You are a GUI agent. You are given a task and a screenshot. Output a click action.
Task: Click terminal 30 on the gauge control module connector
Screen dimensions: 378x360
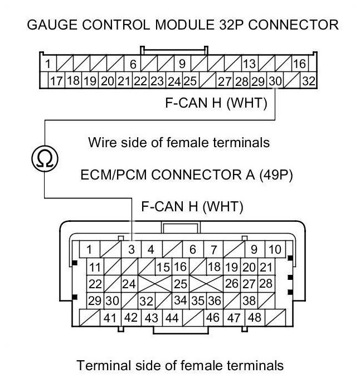tap(275, 81)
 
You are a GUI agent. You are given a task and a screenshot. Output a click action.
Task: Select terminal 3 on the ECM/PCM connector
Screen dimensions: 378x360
tap(132, 249)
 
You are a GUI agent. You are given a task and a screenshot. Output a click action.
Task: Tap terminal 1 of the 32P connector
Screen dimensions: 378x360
tap(48, 64)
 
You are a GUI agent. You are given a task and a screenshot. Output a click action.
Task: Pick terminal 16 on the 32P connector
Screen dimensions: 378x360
tap(299, 64)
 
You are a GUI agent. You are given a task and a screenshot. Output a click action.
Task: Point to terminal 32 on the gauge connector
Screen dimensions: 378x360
tap(308, 81)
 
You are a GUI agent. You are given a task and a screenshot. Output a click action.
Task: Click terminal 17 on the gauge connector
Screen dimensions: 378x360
tap(56, 81)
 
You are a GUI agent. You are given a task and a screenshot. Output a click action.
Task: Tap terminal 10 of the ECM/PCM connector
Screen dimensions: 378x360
tap(275, 249)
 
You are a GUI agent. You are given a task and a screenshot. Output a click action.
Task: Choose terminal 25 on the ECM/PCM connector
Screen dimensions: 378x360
tap(180, 284)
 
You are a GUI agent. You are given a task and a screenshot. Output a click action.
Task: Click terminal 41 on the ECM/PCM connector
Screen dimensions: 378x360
tap(109, 318)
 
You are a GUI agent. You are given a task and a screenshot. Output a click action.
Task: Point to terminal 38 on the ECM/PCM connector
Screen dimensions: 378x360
tap(249, 301)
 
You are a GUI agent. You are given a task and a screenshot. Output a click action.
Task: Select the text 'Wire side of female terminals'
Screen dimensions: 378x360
tap(178, 142)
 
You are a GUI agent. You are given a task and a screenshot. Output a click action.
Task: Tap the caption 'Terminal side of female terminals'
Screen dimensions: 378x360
tap(180, 366)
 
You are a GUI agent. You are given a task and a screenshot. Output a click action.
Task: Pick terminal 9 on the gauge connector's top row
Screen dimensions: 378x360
tap(182, 64)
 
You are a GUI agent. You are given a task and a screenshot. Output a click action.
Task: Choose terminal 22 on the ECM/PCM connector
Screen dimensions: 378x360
tap(95, 284)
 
